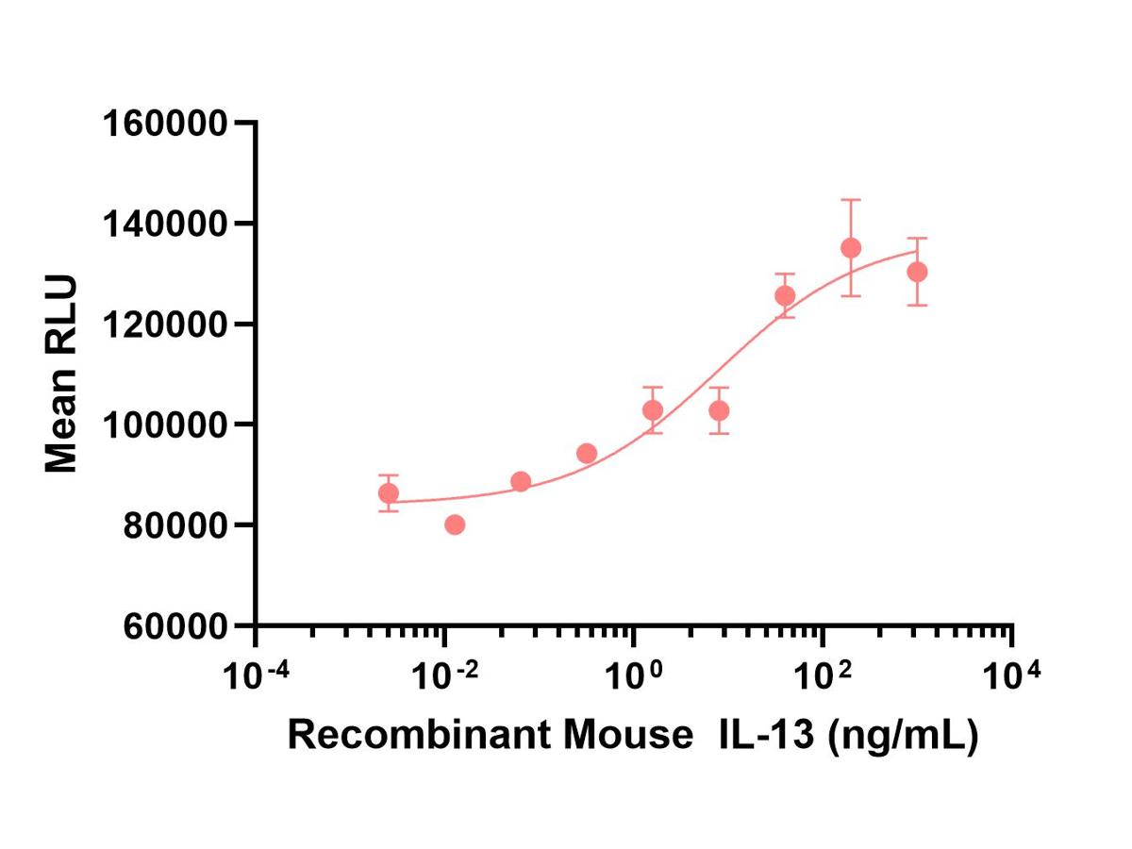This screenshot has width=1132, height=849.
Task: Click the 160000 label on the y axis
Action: point(165,124)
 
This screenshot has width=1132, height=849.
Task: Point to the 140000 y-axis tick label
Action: point(165,225)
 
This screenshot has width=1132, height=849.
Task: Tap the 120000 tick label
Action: point(165,325)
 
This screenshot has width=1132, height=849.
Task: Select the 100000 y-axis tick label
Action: point(165,425)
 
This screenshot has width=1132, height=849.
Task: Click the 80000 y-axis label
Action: point(175,525)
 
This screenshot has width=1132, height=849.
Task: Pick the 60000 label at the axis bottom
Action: point(175,626)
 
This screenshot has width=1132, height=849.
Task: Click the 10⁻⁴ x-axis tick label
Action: point(257,674)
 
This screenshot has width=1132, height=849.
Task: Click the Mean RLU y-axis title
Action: point(60,374)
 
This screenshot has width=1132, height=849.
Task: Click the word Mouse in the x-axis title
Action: point(628,735)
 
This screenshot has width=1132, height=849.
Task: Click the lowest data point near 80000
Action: point(455,524)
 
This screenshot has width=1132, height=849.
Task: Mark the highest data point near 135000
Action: point(851,248)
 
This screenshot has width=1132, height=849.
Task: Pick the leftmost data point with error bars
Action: point(389,493)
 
